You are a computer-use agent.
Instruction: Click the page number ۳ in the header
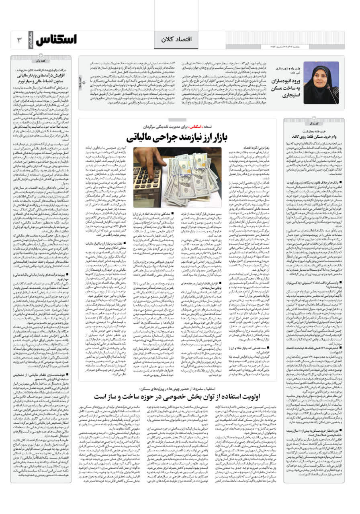[x=18, y=41]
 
